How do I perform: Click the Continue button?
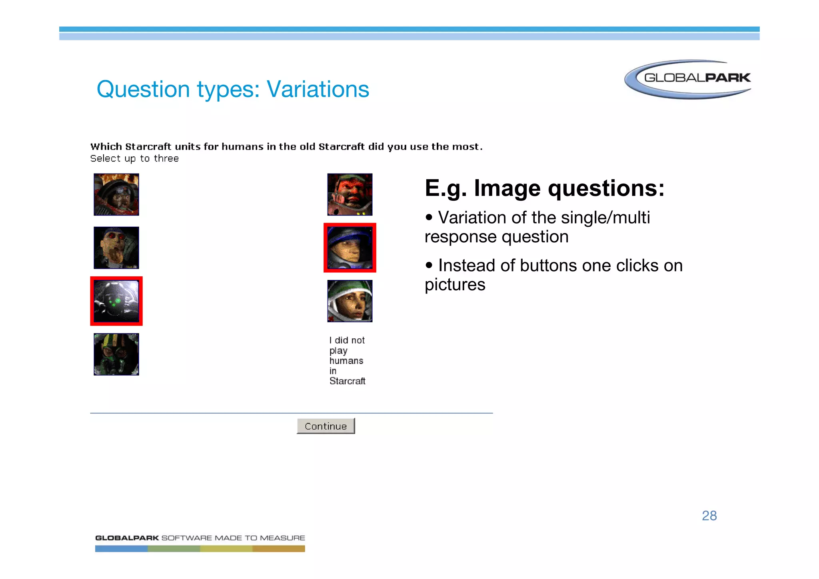click(x=326, y=426)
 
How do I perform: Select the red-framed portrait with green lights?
click(x=116, y=301)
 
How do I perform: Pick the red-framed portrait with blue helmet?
click(x=350, y=248)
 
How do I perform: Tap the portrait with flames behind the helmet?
click(x=116, y=195)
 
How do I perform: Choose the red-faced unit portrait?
click(x=350, y=195)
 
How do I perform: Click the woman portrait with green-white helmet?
click(x=350, y=301)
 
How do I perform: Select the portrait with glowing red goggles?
click(x=116, y=248)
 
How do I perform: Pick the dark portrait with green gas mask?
click(x=116, y=354)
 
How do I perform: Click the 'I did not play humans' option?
click(x=347, y=361)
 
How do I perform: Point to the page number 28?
click(x=709, y=516)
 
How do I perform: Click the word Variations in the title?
click(x=318, y=89)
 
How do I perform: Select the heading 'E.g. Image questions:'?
click(x=544, y=188)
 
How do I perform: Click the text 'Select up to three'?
click(x=134, y=159)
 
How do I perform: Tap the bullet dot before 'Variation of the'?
click(x=429, y=218)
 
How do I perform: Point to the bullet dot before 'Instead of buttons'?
click(x=429, y=265)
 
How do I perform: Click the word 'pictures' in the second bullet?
click(x=455, y=285)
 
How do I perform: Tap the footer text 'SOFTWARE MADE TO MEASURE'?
click(x=233, y=538)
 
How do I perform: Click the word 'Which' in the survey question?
click(x=106, y=147)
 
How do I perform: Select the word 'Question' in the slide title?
click(x=143, y=89)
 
